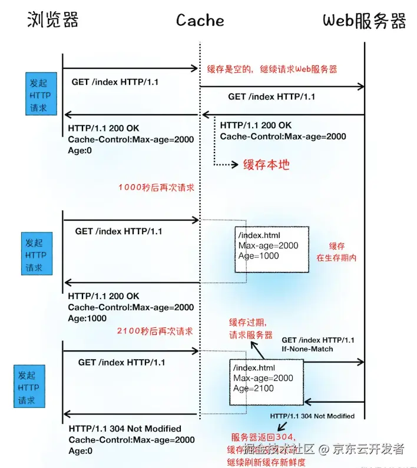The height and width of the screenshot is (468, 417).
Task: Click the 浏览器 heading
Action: (x=53, y=20)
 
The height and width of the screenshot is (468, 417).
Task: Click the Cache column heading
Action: (x=200, y=21)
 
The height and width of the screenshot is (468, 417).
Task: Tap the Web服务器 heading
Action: (x=365, y=21)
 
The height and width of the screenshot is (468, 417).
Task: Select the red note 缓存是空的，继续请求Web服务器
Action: (x=272, y=69)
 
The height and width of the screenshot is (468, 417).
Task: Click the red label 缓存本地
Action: (x=267, y=164)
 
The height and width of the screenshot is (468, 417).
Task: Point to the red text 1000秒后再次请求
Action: (x=156, y=187)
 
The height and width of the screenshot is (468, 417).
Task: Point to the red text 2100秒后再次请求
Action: (x=155, y=331)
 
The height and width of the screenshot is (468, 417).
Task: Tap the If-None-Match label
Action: (x=307, y=349)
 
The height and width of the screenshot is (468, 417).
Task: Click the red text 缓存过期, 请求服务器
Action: (x=251, y=328)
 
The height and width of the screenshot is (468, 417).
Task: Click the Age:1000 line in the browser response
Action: (x=87, y=318)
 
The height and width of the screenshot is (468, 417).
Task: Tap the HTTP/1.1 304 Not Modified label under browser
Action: (x=125, y=429)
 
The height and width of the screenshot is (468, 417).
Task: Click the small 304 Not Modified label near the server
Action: (x=312, y=416)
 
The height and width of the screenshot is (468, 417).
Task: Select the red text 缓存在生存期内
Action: (x=337, y=252)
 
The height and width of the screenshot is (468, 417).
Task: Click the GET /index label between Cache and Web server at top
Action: (x=272, y=97)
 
